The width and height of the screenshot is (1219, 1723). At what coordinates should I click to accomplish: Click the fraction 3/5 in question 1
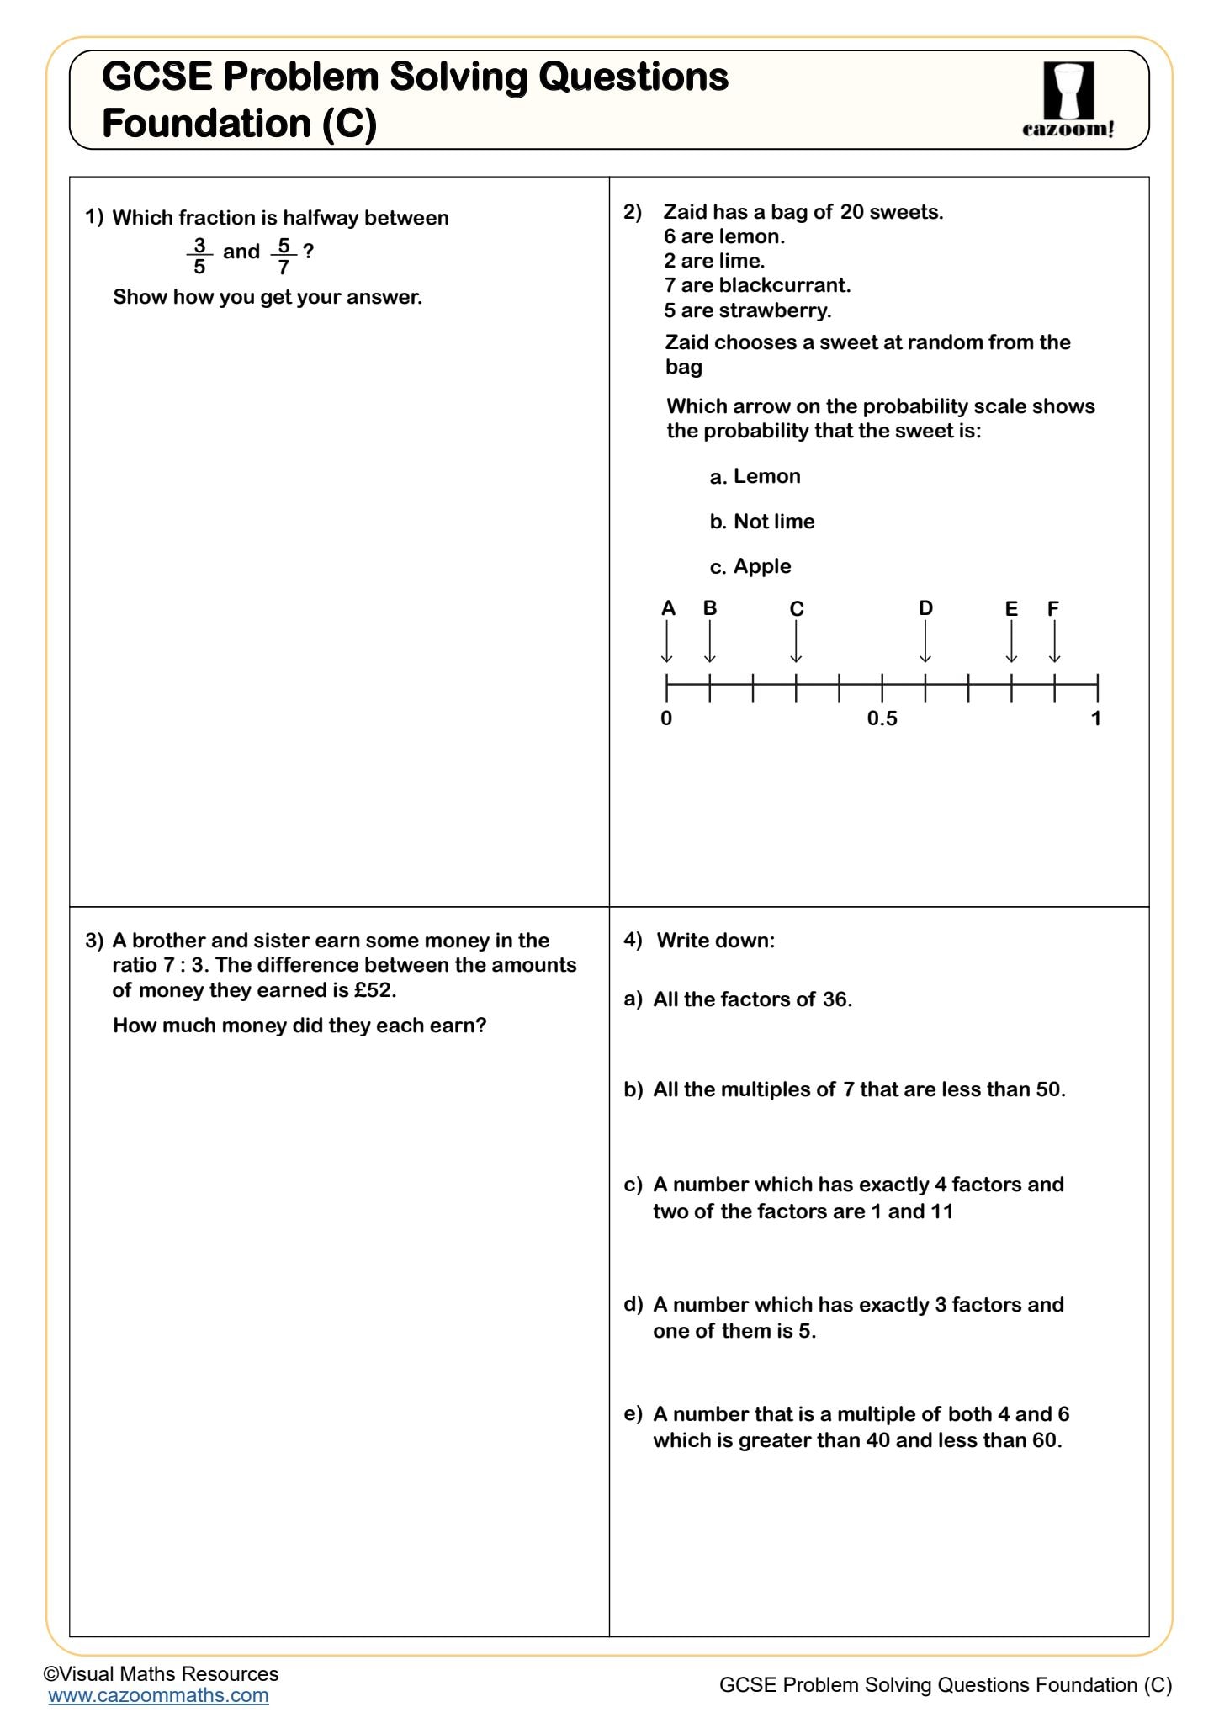[199, 256]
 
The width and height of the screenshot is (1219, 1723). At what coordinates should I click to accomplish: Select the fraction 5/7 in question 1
[284, 256]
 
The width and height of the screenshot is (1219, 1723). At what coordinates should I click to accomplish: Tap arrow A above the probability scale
[667, 642]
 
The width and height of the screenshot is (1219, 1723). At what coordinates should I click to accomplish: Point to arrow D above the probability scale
[925, 642]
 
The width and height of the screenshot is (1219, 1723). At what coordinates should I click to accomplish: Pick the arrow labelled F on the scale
[1054, 642]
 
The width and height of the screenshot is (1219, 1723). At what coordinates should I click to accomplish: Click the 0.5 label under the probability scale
[882, 718]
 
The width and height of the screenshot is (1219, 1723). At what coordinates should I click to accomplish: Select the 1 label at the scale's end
[1095, 718]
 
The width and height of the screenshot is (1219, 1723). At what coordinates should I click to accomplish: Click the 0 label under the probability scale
[666, 718]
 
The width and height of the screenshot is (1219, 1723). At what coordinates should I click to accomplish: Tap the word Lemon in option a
[766, 476]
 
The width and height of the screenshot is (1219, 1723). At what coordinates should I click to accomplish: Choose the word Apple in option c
[762, 566]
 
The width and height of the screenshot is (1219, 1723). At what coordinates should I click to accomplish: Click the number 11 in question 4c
[941, 1211]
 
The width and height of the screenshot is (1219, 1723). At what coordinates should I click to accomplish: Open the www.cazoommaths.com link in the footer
[158, 1695]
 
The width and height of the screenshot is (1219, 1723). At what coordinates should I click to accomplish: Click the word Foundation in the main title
[206, 124]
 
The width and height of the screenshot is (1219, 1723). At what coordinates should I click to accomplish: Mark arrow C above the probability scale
[796, 642]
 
